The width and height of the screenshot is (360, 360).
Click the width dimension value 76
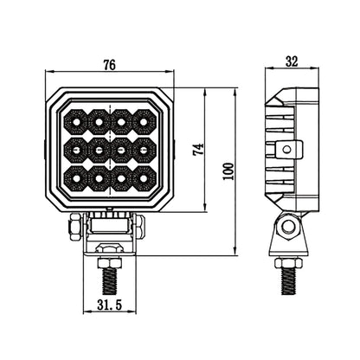[x=109, y=64]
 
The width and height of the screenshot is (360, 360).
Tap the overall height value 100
[x=228, y=170]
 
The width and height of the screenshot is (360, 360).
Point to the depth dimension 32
[x=292, y=63]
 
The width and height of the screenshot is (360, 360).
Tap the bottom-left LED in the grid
[x=76, y=177]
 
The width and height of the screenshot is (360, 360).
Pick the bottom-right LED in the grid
[x=143, y=177]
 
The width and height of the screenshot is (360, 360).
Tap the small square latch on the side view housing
[x=295, y=151]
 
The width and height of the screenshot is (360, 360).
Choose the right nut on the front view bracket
[x=139, y=228]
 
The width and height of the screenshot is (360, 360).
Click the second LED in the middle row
[x=99, y=150]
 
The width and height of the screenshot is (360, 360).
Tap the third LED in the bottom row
[x=121, y=177]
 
